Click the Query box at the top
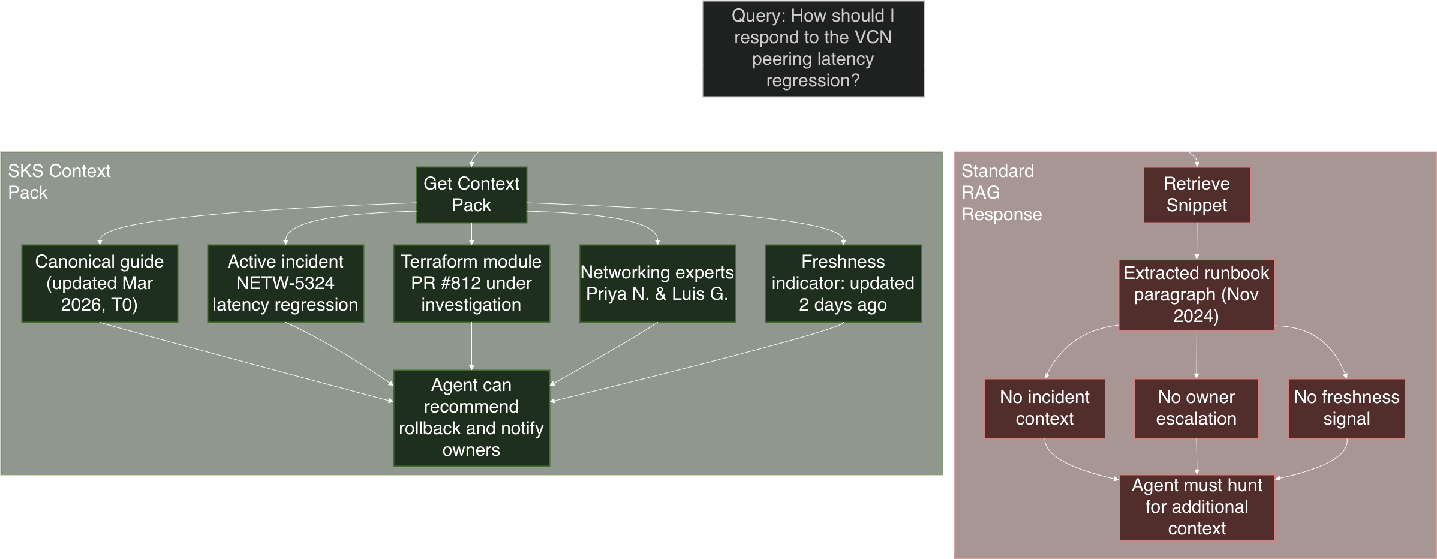point(813,49)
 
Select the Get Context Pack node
point(471,194)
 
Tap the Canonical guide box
point(100,283)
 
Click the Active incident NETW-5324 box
point(285,283)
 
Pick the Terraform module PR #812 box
point(471,283)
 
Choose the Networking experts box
point(657,283)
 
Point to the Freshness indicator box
point(843,283)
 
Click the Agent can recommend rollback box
point(471,417)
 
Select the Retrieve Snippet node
point(1197,194)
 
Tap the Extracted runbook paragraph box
point(1197,294)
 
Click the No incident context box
point(1044,408)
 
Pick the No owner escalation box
point(1197,408)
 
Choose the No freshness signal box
point(1346,408)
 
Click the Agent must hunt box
point(1197,507)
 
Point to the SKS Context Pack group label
point(59,181)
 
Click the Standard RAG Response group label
point(1001,192)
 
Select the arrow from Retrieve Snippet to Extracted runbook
point(1197,241)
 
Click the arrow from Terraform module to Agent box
point(471,346)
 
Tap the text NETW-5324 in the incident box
point(285,283)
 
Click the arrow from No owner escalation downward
point(1197,456)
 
